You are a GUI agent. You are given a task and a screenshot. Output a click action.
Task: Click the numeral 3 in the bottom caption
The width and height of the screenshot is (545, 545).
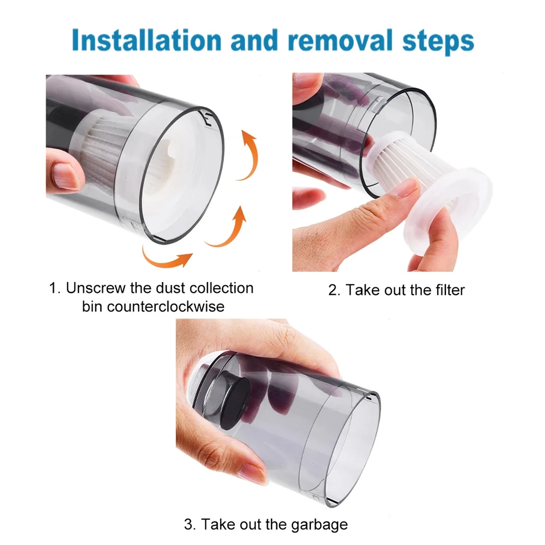coord(188,525)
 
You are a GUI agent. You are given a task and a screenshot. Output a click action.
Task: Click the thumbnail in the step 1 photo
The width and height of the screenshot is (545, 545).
coord(67,176)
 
